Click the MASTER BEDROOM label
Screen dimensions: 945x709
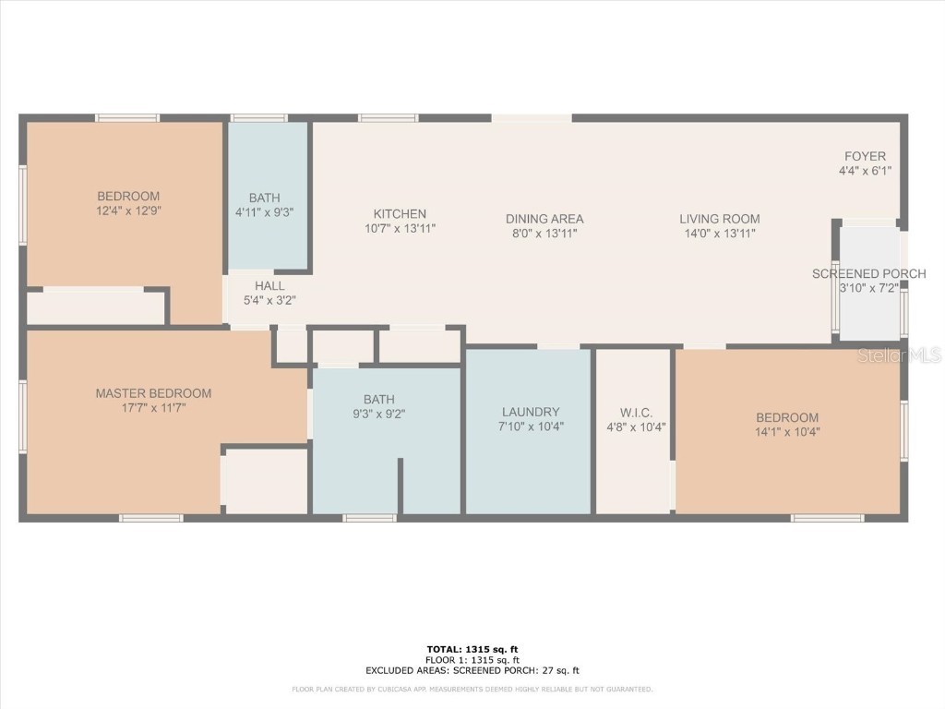153,393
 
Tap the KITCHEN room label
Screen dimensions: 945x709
400,214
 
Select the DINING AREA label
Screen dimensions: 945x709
544,219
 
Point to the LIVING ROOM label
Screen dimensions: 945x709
720,219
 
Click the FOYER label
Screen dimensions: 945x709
865,156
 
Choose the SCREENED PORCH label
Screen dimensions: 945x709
869,273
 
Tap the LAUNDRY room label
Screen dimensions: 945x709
531,412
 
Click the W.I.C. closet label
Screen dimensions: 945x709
636,413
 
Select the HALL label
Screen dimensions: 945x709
269,286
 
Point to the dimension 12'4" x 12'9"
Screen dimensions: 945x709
128,210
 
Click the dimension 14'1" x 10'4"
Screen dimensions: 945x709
787,432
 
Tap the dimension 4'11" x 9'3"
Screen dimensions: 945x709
264,212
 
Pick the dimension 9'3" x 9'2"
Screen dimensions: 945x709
378,415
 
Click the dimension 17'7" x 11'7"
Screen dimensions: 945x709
153,408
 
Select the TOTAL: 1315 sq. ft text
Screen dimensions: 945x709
472,649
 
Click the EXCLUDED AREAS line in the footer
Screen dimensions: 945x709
472,670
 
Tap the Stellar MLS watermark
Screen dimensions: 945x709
899,355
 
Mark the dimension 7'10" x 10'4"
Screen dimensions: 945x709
531,427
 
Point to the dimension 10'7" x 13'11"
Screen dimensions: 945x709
400,229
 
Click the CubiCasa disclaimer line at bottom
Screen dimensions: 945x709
472,689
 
